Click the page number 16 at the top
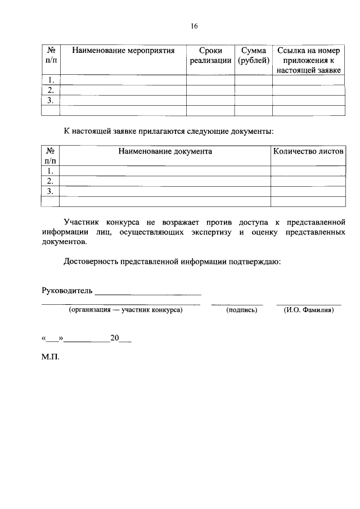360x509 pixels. (195, 26)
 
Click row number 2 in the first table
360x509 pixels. (51, 90)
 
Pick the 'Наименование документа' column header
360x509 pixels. (165, 151)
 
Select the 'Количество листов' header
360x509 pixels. (308, 151)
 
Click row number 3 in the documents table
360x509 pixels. (51, 191)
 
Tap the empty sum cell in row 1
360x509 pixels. (253, 80)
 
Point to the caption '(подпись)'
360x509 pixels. (241, 310)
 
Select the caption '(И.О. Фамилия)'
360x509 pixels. (309, 310)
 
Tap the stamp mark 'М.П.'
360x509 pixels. (50, 357)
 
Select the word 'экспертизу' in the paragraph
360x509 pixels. (205, 232)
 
